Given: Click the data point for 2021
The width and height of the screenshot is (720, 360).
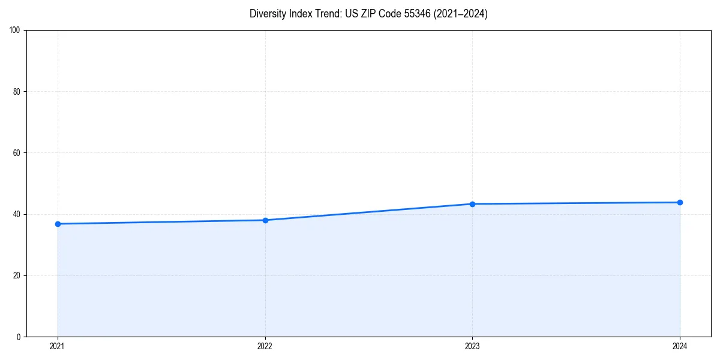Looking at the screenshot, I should pos(58,224).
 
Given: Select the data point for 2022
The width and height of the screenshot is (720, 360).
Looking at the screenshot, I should pos(265,220).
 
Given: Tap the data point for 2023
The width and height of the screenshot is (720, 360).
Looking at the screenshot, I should pos(472,204).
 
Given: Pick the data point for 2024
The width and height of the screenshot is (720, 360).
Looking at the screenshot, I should pos(680,202).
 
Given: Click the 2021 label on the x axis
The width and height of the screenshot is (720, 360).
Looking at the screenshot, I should pos(58,346).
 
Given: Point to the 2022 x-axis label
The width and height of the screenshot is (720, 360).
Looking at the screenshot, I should pos(265,346).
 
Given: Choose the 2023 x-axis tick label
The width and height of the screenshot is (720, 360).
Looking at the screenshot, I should pos(472,346).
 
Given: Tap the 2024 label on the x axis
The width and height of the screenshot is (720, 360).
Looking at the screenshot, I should pos(680,346).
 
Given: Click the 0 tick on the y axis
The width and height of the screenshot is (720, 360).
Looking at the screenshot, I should pos(19,337).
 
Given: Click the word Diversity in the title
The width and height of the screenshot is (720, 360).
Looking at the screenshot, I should pos(268,14).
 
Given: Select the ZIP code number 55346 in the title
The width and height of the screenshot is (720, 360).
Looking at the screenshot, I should pos(417,14).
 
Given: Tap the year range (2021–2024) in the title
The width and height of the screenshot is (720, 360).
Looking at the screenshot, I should pos(461,14).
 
